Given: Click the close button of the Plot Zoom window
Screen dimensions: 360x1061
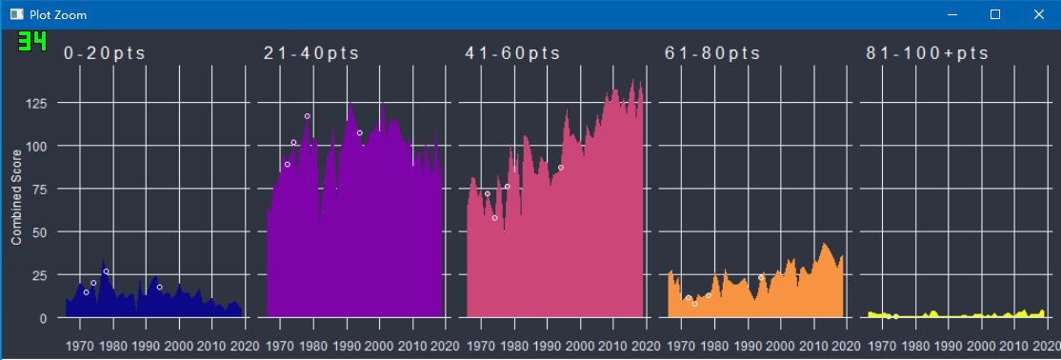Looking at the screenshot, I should click(x=1039, y=14).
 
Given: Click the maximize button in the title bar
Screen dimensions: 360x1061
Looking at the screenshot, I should click(x=995, y=14).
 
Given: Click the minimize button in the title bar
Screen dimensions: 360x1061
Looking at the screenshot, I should click(x=951, y=14).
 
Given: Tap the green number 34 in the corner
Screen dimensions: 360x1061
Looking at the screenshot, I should click(x=31, y=42).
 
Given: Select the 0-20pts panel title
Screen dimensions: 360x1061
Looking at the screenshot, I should click(x=105, y=53).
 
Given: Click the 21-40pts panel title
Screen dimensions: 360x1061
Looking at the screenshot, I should click(x=310, y=53).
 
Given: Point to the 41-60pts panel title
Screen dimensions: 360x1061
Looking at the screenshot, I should click(x=512, y=53).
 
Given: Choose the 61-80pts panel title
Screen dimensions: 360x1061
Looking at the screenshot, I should click(x=712, y=53).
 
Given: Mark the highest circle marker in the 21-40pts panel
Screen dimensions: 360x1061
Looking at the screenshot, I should click(x=308, y=116).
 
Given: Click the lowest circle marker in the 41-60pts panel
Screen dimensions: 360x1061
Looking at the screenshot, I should click(x=494, y=218).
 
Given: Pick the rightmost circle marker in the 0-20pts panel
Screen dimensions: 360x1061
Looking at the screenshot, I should click(x=160, y=287).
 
